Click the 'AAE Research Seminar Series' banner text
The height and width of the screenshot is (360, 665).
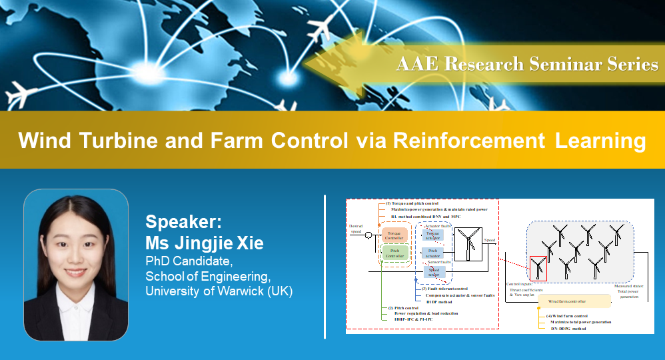tap(526, 64)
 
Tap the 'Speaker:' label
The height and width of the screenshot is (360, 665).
tap(178, 223)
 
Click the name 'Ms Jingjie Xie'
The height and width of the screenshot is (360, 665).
tap(205, 243)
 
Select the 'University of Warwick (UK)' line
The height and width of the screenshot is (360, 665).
tap(219, 291)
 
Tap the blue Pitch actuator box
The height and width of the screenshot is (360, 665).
tap(432, 253)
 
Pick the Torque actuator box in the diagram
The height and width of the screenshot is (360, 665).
tap(432, 234)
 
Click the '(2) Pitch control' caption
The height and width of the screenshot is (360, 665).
tap(404, 308)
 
